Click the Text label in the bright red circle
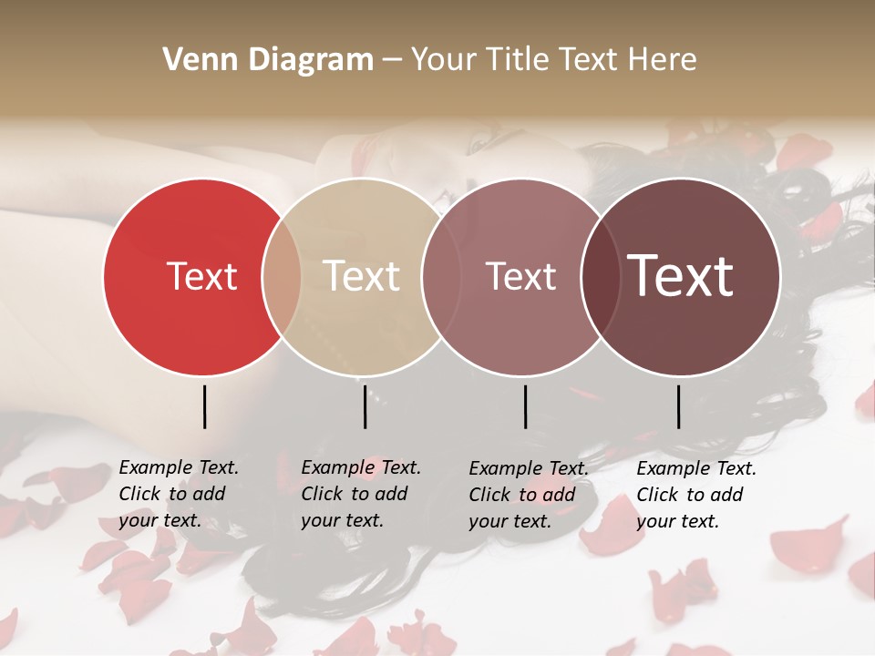click(201, 276)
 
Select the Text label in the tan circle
click(361, 276)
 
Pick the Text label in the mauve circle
click(520, 276)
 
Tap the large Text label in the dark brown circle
click(681, 276)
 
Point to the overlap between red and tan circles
click(282, 276)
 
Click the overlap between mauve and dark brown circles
click(601, 276)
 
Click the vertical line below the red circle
click(204, 406)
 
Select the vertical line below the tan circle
click(365, 406)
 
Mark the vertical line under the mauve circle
click(525, 406)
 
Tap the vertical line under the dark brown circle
click(678, 406)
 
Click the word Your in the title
click(445, 59)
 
